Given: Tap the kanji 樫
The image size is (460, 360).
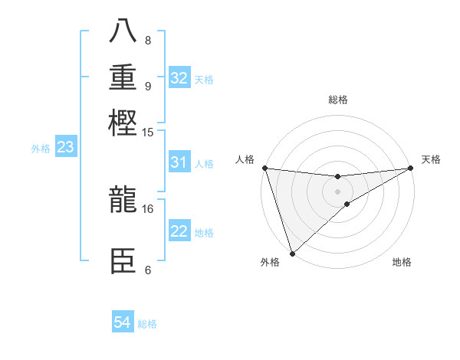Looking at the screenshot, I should click(123, 123).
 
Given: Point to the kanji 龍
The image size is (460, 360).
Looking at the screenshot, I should click(123, 201).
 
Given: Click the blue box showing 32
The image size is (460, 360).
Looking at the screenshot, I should click(179, 78).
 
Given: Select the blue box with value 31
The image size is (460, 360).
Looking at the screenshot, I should click(179, 162).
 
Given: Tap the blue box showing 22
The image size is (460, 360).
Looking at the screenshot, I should click(179, 231).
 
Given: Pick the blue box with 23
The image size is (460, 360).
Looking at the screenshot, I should click(65, 147).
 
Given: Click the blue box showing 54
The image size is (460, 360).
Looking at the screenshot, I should click(123, 322).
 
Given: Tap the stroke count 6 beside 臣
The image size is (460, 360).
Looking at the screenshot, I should click(147, 270).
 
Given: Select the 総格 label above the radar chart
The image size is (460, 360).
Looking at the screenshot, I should click(337, 100).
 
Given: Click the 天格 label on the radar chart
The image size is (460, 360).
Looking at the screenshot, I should click(431, 159).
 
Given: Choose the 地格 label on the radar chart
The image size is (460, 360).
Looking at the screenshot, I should click(402, 262).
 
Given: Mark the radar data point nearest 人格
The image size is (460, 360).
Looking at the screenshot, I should click(264, 168).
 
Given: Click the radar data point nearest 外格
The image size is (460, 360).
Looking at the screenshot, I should click(292, 253).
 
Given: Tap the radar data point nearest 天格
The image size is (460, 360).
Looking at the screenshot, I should click(410, 168).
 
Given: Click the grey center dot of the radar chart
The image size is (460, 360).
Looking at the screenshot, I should click(337, 191).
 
